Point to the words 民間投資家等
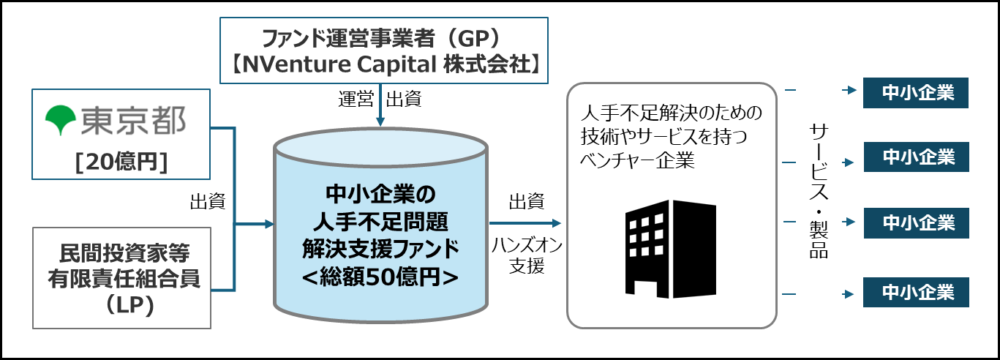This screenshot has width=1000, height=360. tap(121, 255)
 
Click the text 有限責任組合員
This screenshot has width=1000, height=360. tap(121, 280)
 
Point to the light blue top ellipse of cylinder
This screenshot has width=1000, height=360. tap(380, 150)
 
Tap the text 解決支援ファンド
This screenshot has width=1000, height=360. tap(380, 249)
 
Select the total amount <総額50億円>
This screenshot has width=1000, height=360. tap(380, 277)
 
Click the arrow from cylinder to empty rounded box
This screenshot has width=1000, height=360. tap(525, 223)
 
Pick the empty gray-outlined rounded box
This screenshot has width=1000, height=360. tap(672, 206)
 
